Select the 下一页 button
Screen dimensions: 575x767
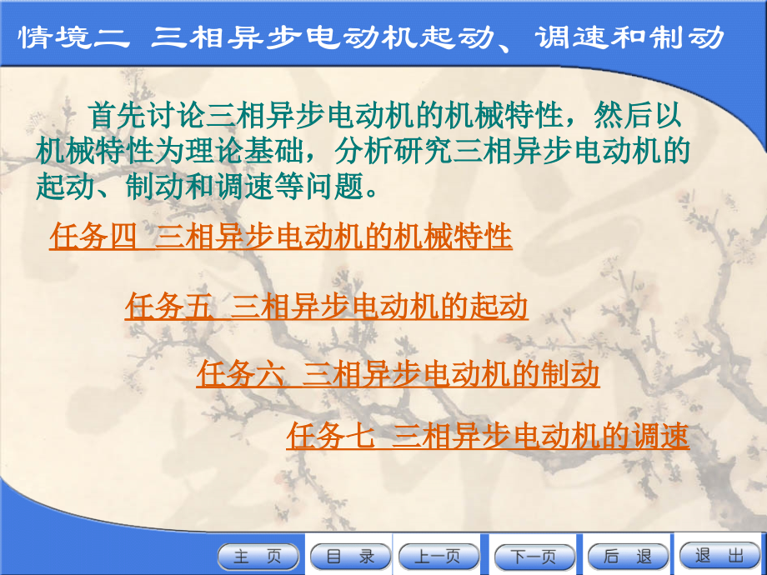pos(534,557)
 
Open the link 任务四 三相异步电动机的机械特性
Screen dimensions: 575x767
pos(281,237)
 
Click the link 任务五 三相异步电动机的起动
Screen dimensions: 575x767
pos(327,307)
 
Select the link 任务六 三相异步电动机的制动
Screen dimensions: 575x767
pos(399,374)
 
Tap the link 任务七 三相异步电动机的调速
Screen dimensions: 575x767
pos(488,436)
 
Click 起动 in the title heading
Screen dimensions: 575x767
pos(463,37)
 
